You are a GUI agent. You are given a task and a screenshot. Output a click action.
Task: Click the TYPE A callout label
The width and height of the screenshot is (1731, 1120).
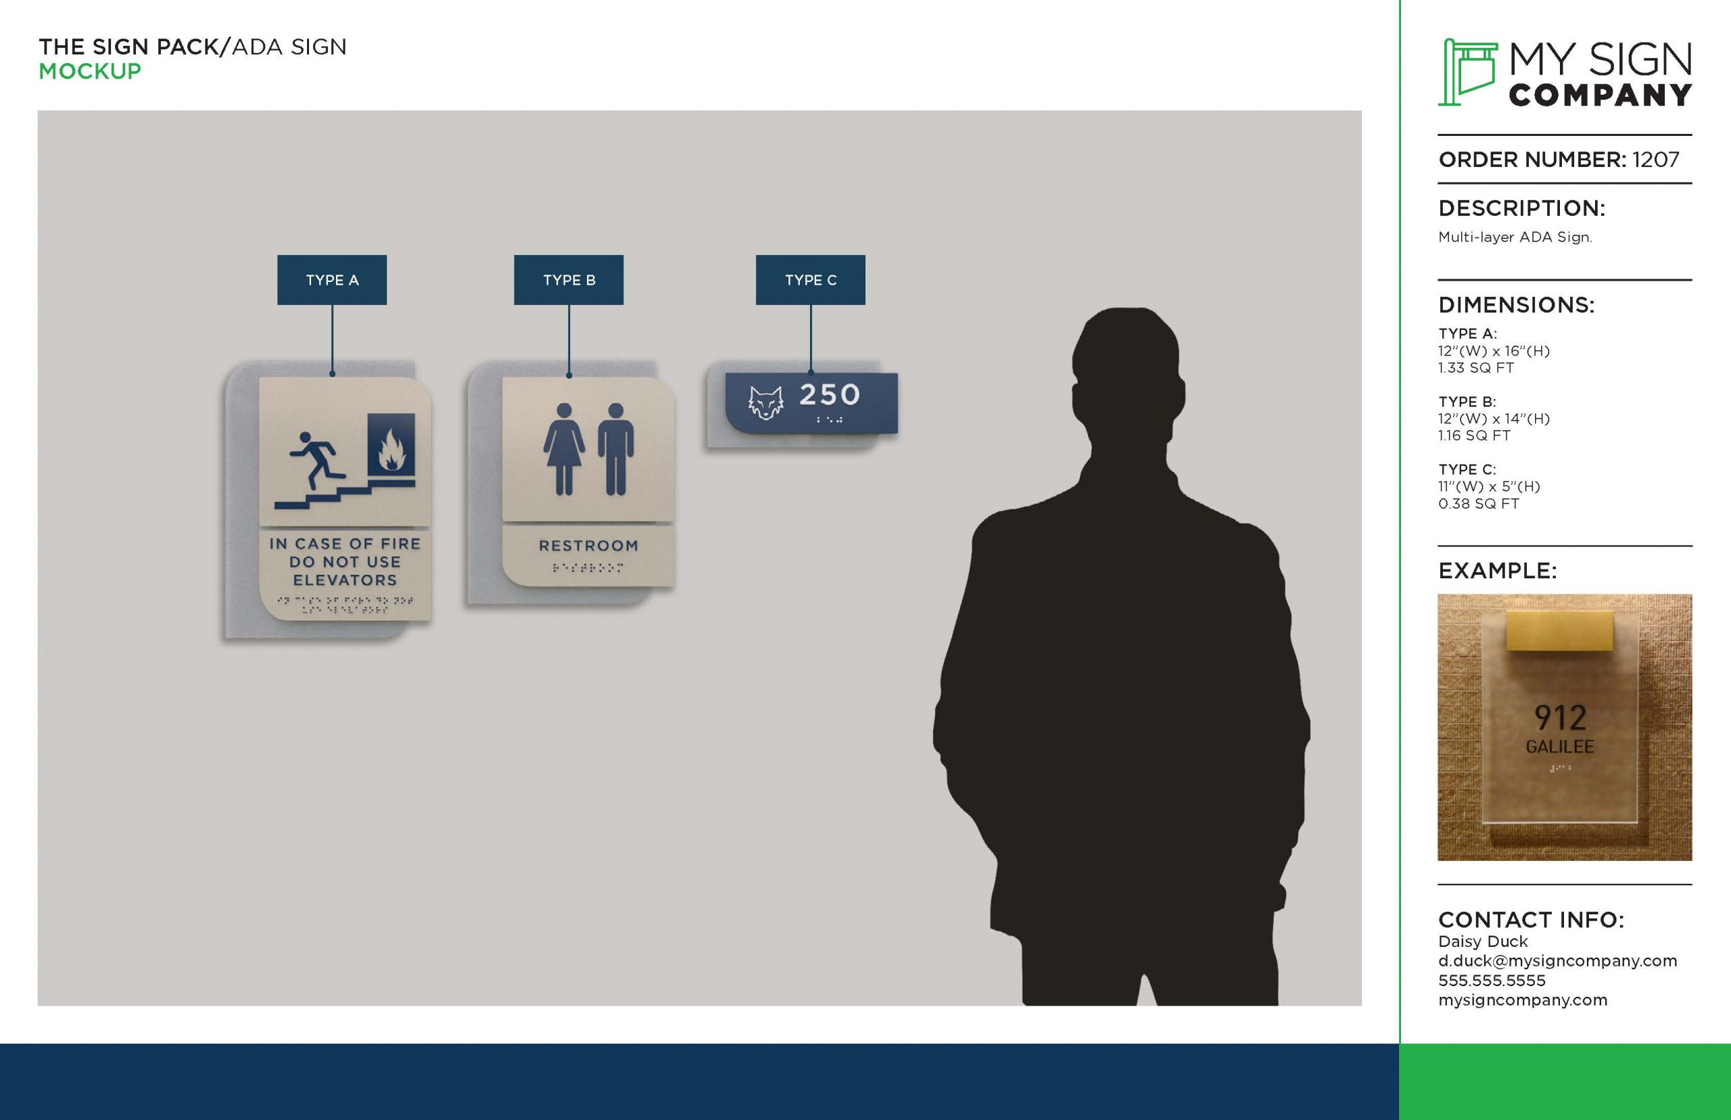(331, 280)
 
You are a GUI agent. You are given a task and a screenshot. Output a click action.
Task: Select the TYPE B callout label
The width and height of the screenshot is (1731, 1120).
(569, 280)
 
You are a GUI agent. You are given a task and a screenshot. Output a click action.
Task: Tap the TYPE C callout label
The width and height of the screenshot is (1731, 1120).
(811, 280)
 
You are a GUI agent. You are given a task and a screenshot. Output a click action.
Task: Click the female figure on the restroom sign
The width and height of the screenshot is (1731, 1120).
(564, 448)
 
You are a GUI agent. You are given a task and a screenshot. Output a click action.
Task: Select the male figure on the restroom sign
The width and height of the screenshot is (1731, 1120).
(616, 448)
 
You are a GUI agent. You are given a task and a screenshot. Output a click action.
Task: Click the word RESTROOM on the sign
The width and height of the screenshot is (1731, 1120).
(588, 545)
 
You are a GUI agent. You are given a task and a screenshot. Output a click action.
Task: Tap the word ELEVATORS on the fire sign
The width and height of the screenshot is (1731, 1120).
(346, 580)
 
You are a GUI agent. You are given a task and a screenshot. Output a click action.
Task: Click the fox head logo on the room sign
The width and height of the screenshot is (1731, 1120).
(765, 403)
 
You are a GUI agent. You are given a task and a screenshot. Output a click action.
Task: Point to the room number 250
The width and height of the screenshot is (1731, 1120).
(830, 395)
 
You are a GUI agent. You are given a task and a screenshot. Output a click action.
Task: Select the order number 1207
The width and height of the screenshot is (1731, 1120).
(1655, 160)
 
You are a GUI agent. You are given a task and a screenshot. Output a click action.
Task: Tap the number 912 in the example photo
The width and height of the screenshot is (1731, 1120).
(1560, 718)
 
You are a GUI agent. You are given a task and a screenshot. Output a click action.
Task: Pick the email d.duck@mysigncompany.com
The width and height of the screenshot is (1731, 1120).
(1557, 961)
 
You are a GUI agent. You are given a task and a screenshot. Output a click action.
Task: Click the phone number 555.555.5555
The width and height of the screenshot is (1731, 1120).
(1492, 981)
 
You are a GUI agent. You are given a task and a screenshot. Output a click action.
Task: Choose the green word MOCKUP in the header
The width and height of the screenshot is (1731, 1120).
(90, 71)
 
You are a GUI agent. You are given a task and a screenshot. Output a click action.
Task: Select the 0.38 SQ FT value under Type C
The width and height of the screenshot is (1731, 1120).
(1479, 503)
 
